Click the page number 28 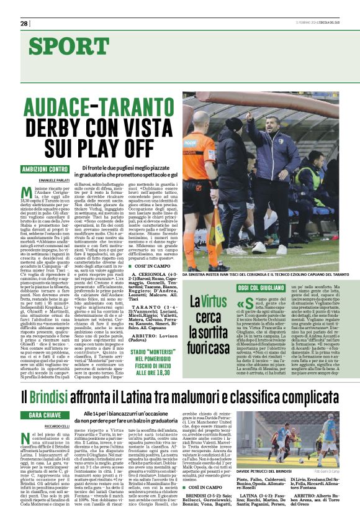click(x=24, y=23)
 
